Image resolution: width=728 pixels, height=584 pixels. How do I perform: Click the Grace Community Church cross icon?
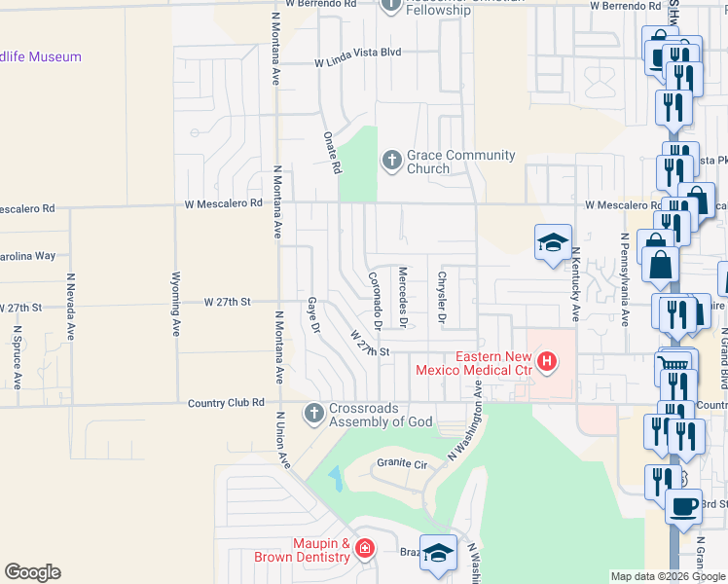[391, 160]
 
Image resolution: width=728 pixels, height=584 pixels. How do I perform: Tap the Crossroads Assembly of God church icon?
[313, 414]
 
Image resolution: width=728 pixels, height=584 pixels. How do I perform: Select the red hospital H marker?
[547, 363]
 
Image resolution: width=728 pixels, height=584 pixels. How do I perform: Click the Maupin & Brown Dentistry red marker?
[365, 550]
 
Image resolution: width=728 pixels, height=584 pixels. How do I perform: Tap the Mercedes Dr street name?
[402, 295]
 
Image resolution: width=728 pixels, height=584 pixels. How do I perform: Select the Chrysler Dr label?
[441, 295]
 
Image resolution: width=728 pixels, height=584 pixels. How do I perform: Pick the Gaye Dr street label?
[313, 314]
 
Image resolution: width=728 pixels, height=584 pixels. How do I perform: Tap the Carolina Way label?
[27, 255]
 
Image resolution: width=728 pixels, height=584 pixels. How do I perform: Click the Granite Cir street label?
[401, 465]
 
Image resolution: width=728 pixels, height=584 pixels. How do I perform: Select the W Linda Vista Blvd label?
[357, 63]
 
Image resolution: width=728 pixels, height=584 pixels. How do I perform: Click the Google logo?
[32, 572]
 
